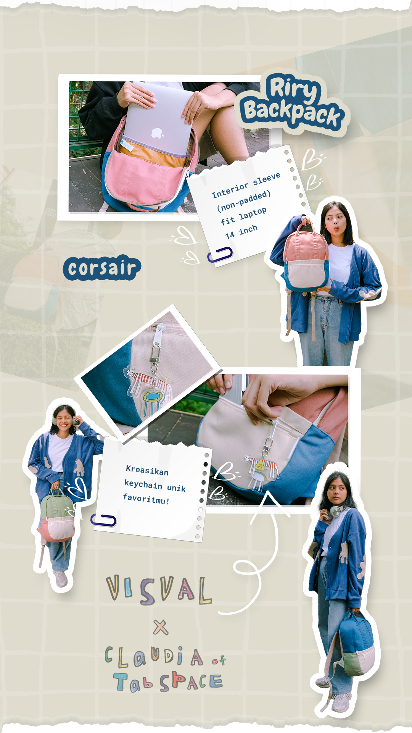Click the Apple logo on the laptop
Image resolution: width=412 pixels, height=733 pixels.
158,133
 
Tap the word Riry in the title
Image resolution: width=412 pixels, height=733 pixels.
293,88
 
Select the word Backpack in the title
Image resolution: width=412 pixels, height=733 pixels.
292,112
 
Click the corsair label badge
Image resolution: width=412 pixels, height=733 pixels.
102,268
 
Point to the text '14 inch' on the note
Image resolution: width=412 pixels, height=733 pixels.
241,232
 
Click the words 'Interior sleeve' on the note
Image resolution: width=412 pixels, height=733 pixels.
246,185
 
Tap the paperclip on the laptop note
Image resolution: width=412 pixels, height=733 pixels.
220,254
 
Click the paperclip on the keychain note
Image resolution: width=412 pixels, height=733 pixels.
103,520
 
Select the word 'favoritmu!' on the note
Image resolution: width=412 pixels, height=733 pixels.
146,499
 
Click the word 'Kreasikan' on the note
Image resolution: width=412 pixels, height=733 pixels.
147,470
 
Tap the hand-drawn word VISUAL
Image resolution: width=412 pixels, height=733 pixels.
159,590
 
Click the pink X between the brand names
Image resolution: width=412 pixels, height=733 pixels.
161,627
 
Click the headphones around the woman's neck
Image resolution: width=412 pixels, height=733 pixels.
336,511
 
